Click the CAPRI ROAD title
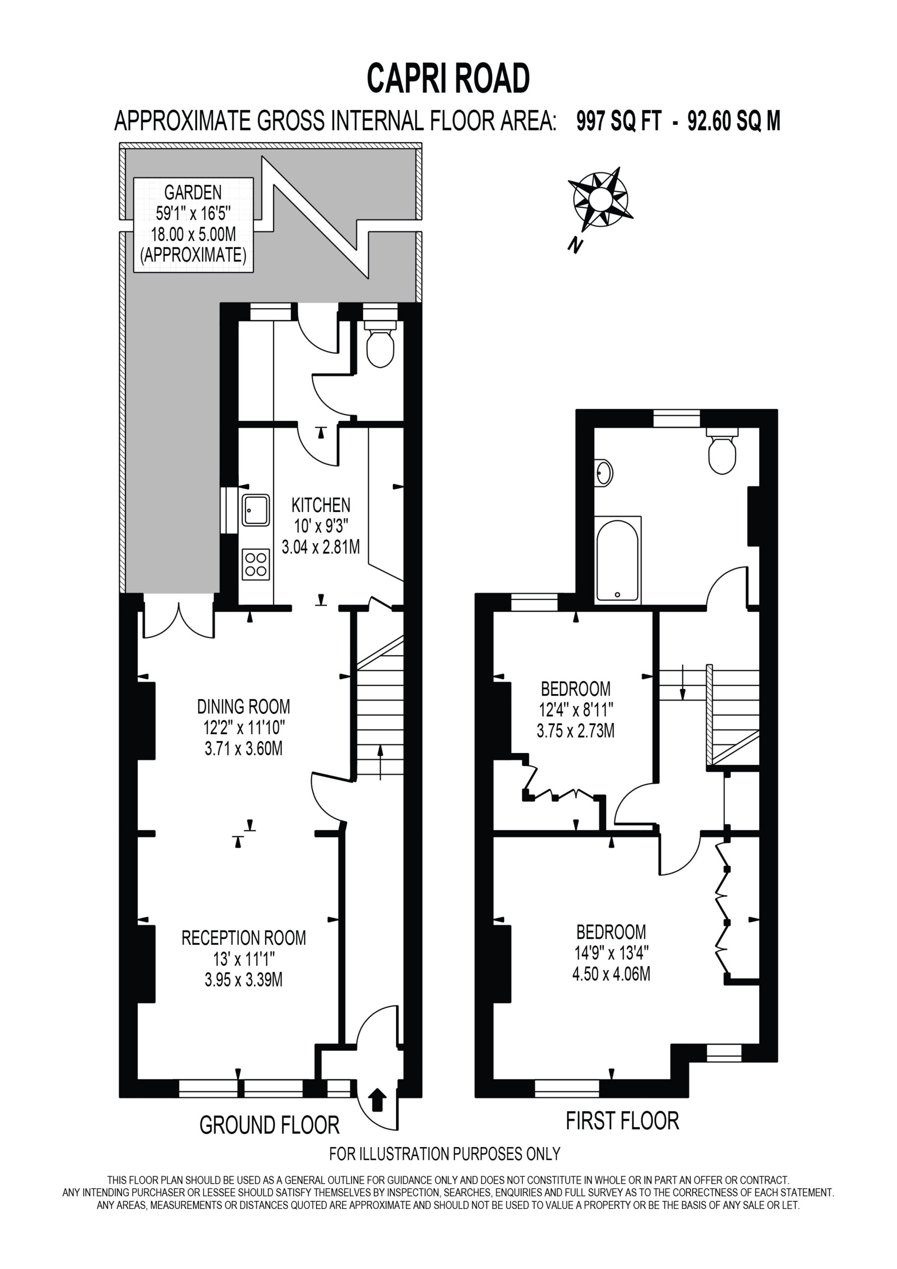tap(448, 78)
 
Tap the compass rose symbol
tap(600, 199)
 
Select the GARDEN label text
tap(193, 192)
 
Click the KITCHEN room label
tap(321, 505)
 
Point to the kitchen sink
tap(256, 510)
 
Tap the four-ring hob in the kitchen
tap(256, 564)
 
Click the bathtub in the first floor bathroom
tap(618, 560)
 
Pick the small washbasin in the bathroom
tap(604, 473)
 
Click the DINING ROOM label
tap(244, 706)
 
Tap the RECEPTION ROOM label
tap(244, 937)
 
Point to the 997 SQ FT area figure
tap(618, 121)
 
